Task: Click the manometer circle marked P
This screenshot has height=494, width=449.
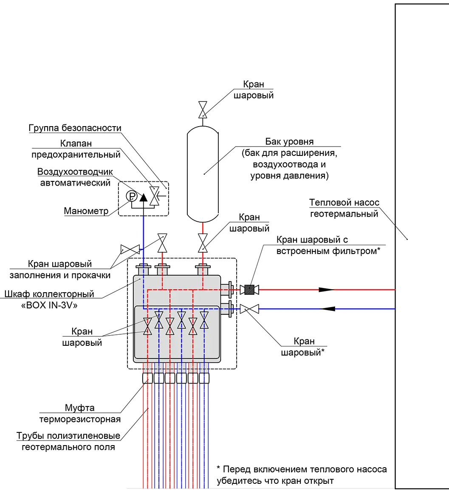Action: [132, 196]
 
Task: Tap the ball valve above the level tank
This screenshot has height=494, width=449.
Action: [203, 110]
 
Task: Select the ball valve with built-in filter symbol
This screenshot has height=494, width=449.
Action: [249, 290]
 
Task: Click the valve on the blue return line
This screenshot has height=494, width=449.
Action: [249, 309]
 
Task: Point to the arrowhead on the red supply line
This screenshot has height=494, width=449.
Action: [326, 290]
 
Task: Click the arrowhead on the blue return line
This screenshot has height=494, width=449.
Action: [328, 309]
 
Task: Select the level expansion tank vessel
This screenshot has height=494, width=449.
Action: [203, 174]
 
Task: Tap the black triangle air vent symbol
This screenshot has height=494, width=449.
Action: [143, 198]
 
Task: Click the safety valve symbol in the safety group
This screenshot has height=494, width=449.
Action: [154, 196]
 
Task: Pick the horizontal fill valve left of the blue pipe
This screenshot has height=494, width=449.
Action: [130, 249]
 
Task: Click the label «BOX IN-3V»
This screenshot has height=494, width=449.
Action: [49, 305]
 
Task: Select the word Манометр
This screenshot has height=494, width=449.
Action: [86, 211]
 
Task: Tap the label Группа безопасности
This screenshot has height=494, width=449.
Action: [75, 128]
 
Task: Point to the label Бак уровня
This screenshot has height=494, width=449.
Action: [289, 141]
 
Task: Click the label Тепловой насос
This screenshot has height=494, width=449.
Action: [344, 202]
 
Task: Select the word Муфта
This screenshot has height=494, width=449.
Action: [79, 408]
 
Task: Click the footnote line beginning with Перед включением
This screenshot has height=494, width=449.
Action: [302, 469]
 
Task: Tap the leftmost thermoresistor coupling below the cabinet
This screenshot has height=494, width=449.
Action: [147, 378]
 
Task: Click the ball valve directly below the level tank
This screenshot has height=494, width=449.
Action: [203, 243]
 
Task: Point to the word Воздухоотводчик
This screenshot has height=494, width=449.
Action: [75, 172]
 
